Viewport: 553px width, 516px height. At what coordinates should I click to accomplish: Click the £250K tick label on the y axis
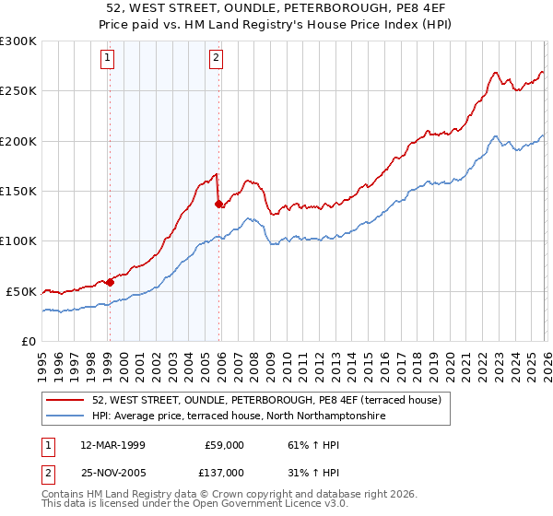pos(18,91)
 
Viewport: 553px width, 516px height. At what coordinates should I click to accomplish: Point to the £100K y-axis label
pos(18,240)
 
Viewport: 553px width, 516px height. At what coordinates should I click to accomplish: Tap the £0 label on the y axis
pos(29,341)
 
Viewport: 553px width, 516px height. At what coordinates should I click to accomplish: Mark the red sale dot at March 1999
pos(110,282)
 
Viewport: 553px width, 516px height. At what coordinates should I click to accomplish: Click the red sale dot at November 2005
pos(218,204)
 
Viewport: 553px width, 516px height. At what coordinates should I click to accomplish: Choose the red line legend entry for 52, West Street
pos(267,400)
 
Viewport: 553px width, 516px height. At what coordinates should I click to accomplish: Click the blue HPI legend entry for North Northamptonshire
pos(239,416)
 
